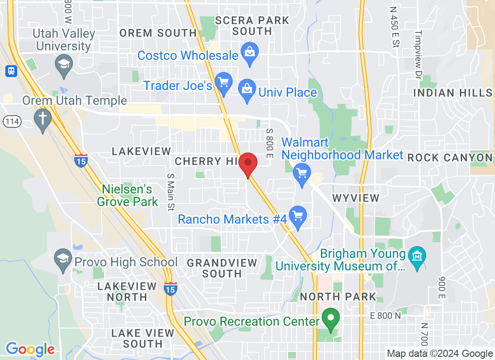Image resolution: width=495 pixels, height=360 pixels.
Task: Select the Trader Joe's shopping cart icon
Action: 223,82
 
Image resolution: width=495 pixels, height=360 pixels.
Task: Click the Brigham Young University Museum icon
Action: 417,256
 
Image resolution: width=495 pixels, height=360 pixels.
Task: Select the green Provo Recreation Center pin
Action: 332,318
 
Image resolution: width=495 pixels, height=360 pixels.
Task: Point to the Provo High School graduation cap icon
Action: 63,259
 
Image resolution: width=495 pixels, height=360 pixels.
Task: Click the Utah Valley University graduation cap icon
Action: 64,63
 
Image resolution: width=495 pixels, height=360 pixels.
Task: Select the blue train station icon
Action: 10,71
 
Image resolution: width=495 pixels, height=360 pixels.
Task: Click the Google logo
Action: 30,349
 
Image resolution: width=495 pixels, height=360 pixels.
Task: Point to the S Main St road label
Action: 170,192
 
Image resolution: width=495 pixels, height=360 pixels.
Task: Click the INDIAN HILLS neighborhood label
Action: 453,93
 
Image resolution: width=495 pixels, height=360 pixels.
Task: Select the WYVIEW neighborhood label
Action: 355,198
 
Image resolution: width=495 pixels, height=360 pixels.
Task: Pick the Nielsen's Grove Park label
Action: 128,195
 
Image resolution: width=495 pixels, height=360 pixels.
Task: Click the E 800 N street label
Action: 385,316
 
